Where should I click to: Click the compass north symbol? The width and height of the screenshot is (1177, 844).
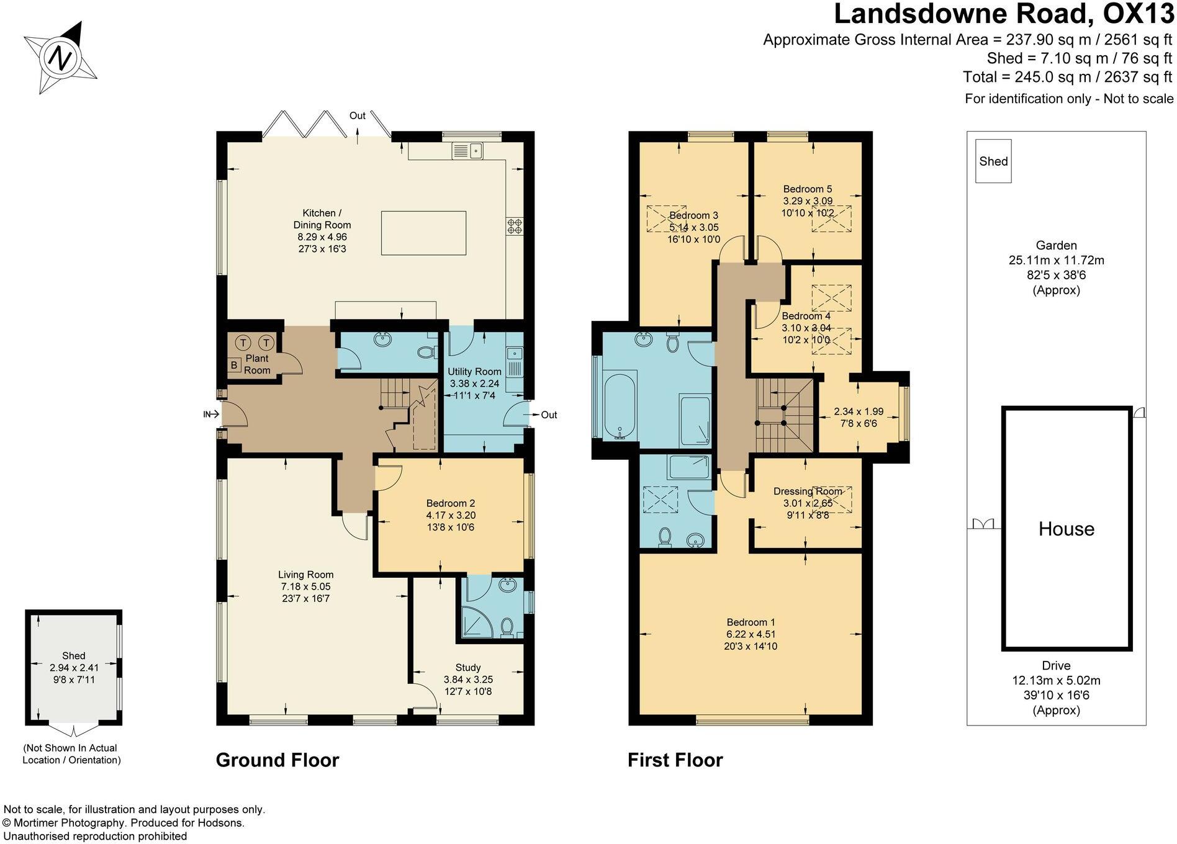tap(60, 59)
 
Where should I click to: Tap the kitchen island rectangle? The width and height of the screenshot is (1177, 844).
tap(423, 233)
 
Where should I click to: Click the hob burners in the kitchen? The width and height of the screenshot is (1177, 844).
tap(514, 226)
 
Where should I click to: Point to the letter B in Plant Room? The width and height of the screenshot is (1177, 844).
tap(234, 365)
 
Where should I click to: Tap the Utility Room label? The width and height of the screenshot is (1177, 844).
tap(474, 372)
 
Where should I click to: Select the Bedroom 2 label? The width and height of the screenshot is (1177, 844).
tap(451, 503)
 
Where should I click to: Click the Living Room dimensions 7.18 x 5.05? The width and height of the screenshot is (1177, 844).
tap(305, 586)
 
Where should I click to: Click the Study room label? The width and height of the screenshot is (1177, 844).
tap(468, 668)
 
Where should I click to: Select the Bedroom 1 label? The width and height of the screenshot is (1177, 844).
tap(751, 622)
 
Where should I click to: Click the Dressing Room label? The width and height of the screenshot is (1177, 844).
tap(807, 492)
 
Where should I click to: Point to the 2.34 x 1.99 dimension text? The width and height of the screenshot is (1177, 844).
tap(859, 411)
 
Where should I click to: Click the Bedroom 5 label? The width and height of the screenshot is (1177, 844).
tap(808, 189)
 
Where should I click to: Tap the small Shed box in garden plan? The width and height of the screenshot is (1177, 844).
tap(993, 161)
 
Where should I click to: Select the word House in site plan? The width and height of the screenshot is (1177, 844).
tap(1066, 529)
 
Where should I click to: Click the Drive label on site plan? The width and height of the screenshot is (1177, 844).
tap(1056, 666)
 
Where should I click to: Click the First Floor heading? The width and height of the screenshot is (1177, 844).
tap(675, 760)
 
